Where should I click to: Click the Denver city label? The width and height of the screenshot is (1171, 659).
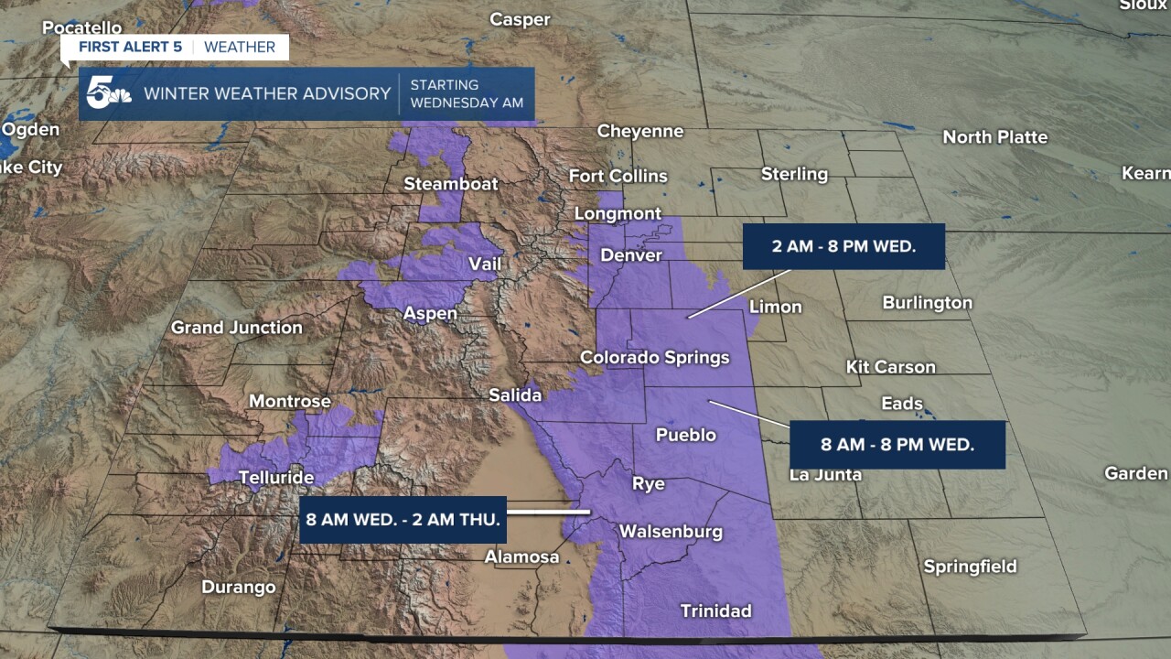(630, 255)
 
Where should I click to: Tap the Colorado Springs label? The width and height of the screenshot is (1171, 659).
(655, 357)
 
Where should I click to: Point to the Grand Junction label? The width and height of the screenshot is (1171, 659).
(237, 327)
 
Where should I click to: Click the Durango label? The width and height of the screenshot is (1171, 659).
(238, 587)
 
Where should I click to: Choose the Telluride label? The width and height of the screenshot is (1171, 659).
(276, 477)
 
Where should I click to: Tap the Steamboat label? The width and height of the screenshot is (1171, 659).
(451, 184)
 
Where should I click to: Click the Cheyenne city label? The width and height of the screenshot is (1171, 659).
(640, 131)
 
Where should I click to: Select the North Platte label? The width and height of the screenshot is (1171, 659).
(994, 137)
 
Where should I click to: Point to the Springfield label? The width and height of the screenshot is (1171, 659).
(970, 567)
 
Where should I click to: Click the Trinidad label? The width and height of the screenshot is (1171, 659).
(715, 610)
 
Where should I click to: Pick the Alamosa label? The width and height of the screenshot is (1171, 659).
(521, 556)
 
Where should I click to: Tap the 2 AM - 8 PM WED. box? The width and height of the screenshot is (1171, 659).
(843, 246)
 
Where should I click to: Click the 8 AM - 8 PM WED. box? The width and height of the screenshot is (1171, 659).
(897, 445)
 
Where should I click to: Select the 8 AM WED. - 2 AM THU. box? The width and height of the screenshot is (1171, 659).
(403, 520)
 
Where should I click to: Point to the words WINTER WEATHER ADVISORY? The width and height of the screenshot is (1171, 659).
(267, 93)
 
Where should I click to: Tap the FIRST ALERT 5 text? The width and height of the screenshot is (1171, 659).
(130, 47)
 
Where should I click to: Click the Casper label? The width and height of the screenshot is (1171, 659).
(520, 19)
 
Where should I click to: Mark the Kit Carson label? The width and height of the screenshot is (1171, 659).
(890, 367)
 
